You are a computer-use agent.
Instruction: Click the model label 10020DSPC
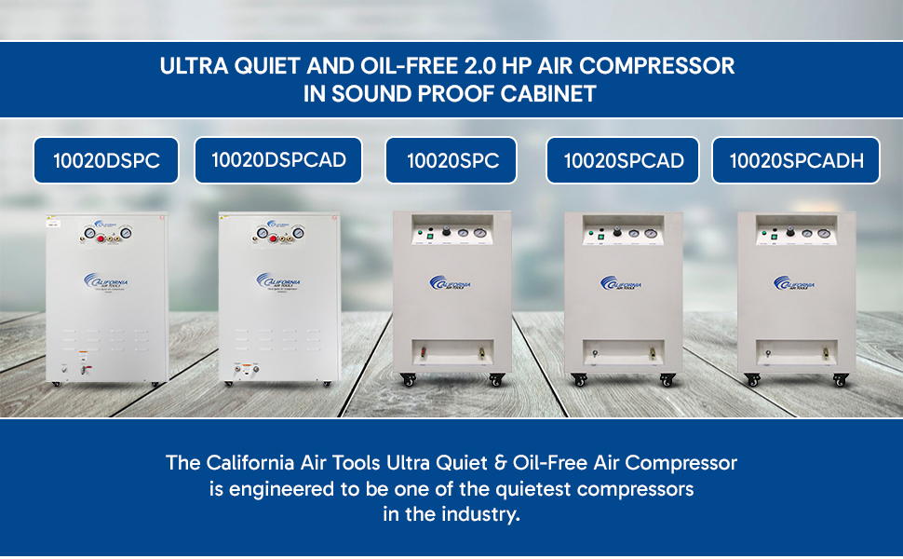[106, 160]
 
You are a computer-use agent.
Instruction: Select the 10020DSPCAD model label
[278, 159]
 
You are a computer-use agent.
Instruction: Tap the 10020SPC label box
[452, 160]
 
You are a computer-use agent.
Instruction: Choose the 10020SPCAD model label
[623, 160]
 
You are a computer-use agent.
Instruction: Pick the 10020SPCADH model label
[796, 160]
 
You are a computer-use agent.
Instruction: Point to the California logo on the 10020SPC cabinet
[451, 282]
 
